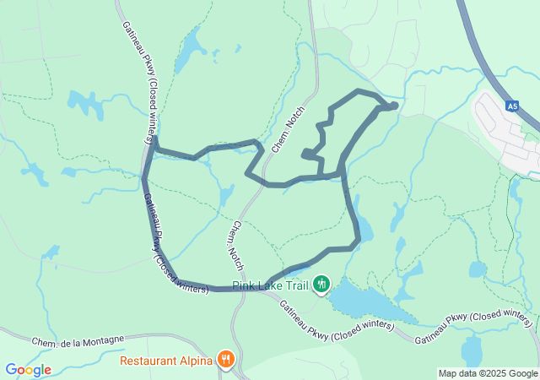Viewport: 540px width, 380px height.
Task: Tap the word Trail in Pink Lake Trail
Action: click(x=294, y=285)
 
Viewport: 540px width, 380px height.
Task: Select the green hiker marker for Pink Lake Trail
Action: click(x=321, y=285)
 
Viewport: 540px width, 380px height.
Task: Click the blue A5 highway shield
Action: click(x=512, y=106)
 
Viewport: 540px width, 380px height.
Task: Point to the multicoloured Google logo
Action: click(x=28, y=370)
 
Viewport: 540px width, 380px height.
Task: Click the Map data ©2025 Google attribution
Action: click(x=488, y=374)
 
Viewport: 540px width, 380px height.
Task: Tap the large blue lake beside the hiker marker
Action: click(x=363, y=300)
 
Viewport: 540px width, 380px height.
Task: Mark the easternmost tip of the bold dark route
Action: click(x=396, y=105)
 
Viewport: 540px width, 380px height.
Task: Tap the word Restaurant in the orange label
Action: click(x=148, y=360)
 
